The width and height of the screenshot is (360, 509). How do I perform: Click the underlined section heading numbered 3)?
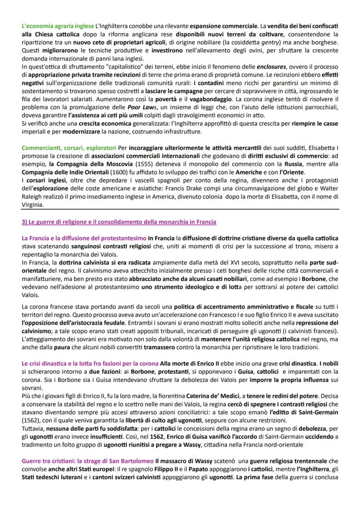(119, 222)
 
